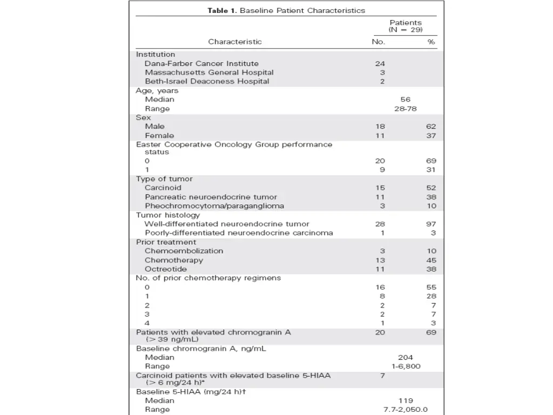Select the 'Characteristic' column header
(235, 42)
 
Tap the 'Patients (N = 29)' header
(406, 26)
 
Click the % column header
(431, 42)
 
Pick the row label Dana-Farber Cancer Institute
(201, 63)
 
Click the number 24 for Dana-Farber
(380, 63)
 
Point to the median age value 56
(406, 99)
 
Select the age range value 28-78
(406, 109)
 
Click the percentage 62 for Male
(430, 126)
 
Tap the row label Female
(159, 136)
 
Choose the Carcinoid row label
(163, 188)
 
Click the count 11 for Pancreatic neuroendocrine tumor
(380, 197)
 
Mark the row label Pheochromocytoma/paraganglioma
(214, 206)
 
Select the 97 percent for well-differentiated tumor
(430, 224)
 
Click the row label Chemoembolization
(184, 251)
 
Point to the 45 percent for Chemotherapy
(430, 260)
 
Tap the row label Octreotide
(166, 269)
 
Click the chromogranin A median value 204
(406, 357)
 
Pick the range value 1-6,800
(406, 366)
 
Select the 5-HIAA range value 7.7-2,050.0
(406, 410)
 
